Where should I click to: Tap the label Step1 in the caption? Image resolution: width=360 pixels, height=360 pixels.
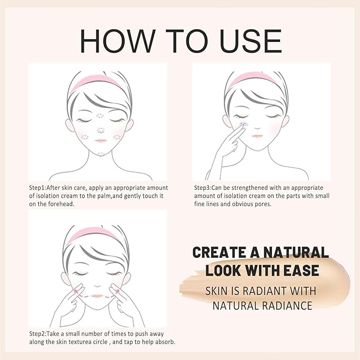[38, 188]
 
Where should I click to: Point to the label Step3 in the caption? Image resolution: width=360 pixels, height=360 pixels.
[203, 188]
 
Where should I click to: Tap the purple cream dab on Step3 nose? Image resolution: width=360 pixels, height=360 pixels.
[244, 124]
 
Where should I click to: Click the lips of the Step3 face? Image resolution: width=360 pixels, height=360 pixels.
[257, 136]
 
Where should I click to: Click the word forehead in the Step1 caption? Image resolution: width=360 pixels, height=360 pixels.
[55, 204]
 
